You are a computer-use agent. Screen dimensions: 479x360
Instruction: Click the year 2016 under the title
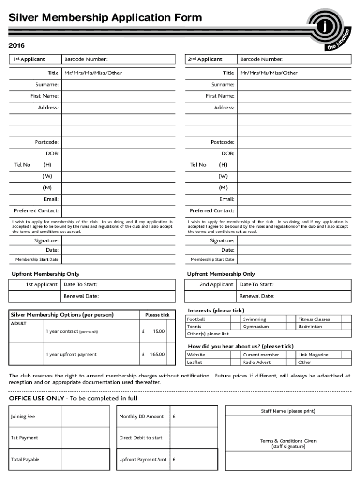(x=17, y=45)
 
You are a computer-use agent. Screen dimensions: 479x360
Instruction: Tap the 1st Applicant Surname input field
(x=118, y=85)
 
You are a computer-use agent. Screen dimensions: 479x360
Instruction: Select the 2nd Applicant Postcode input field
(x=294, y=142)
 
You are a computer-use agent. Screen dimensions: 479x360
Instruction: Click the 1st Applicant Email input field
(x=118, y=199)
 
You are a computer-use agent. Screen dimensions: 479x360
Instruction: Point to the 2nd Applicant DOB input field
(x=294, y=153)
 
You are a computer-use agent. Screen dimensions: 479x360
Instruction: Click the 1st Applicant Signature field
(x=118, y=240)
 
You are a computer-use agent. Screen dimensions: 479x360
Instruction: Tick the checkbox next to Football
(x=235, y=319)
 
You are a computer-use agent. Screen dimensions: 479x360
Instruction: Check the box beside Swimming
(x=290, y=319)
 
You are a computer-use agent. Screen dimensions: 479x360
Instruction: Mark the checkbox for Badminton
(x=346, y=327)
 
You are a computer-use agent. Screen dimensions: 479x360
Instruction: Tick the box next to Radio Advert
(x=290, y=362)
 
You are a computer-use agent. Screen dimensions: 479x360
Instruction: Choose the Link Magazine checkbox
(x=346, y=355)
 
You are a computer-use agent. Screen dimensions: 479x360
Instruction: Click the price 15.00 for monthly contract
(x=158, y=331)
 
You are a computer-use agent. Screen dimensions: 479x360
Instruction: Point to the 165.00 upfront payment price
(x=157, y=354)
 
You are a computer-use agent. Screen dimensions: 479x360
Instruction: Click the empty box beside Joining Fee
(x=86, y=416)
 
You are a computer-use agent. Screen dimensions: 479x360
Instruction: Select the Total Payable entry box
(x=86, y=459)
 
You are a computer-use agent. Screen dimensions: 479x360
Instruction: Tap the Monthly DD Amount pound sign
(x=174, y=417)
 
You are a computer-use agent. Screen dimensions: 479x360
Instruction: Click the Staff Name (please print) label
(x=288, y=411)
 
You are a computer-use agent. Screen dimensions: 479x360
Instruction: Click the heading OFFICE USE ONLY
(x=36, y=399)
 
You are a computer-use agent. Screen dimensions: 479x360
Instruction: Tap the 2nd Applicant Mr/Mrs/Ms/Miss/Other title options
(x=269, y=73)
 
